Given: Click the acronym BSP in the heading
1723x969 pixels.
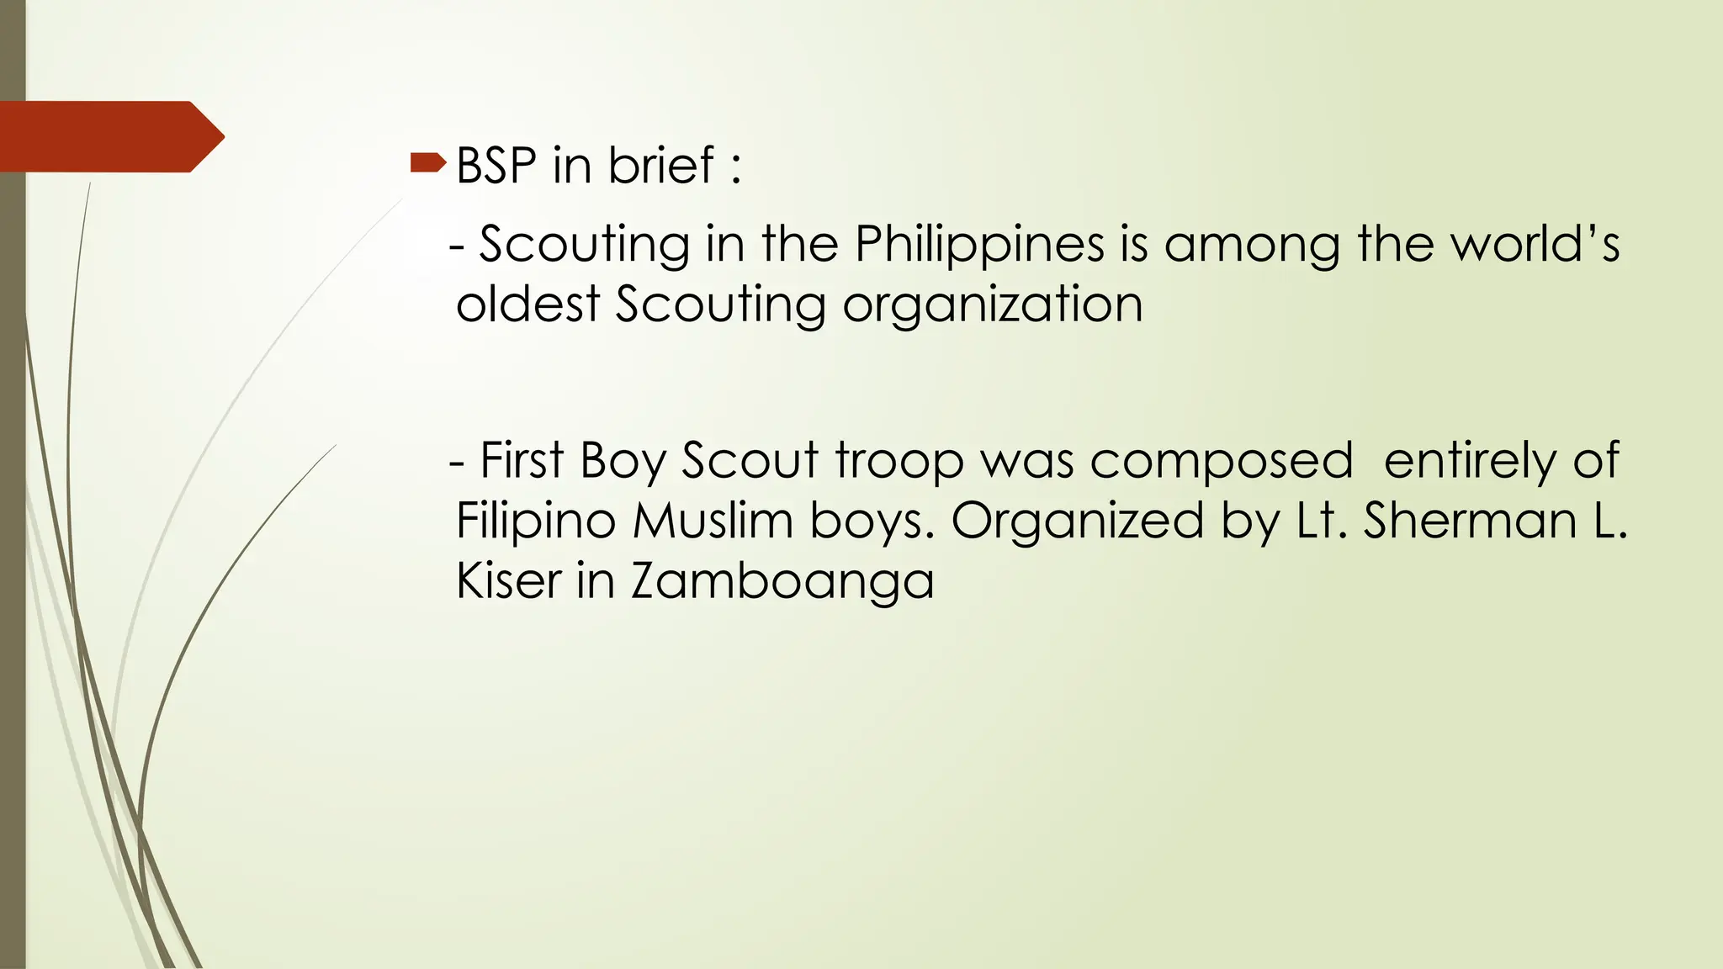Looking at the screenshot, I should point(496,165).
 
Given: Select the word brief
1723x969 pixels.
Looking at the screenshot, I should point(661,165).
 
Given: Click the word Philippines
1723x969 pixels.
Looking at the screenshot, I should point(979,246).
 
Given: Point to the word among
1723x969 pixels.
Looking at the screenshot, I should point(1252,246).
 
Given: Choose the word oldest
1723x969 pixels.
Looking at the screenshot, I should point(528,304).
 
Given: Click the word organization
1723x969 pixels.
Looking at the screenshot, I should point(993,305).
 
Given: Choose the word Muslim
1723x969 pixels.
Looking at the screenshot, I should point(713,521).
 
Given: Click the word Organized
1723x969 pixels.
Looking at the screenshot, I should point(1077,522).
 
